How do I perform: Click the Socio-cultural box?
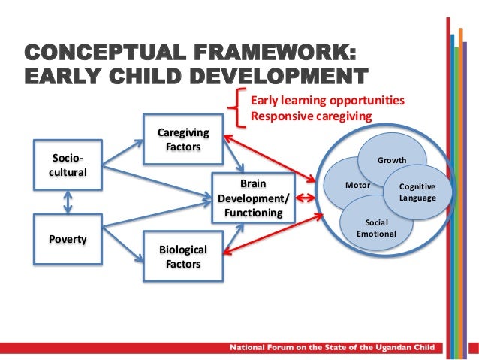click(68, 165)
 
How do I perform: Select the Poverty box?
click(68, 239)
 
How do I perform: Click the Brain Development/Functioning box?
click(252, 198)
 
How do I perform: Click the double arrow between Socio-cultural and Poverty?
click(68, 201)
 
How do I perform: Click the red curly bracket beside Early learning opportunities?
click(240, 108)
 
